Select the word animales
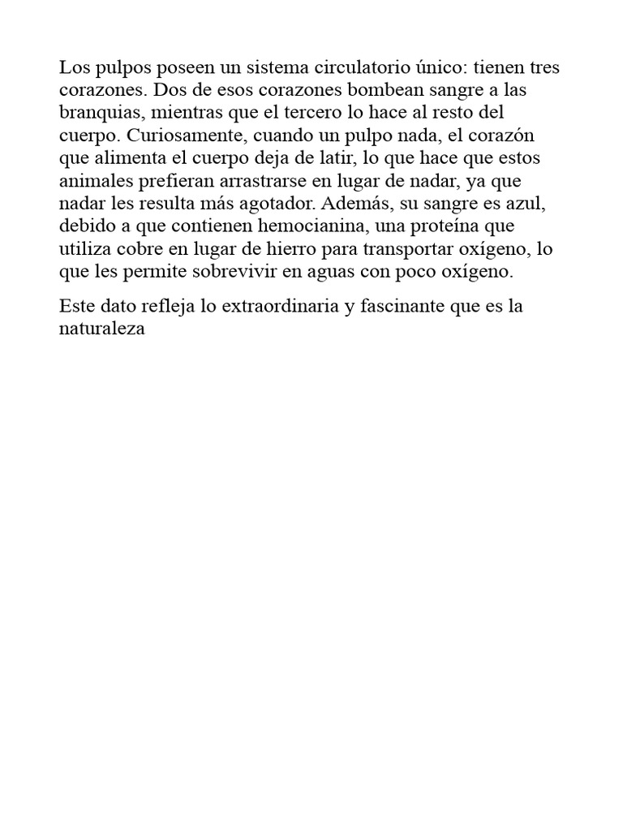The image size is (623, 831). coord(92,180)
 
